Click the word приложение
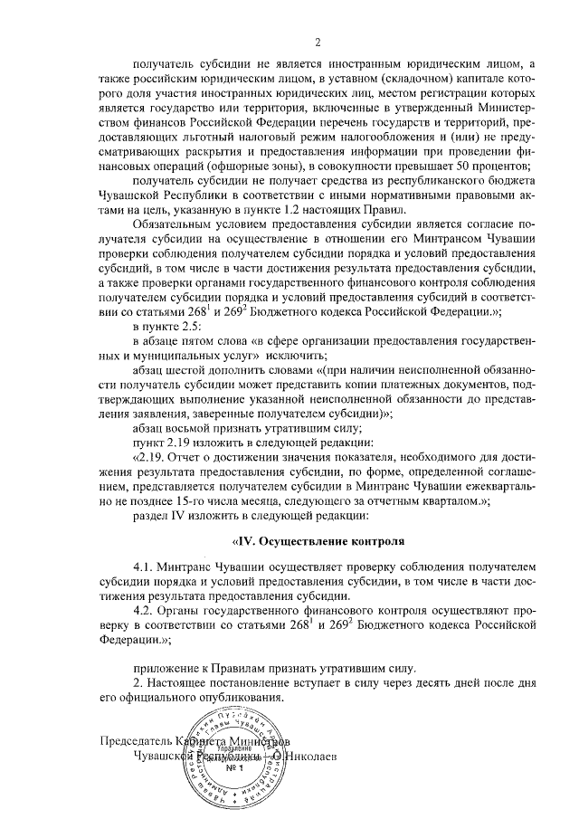coord(165,668)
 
